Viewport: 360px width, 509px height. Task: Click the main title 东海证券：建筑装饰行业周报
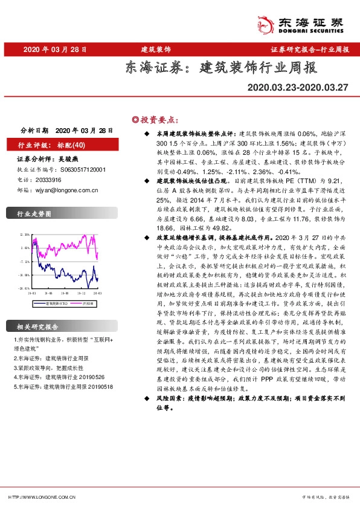pos(220,67)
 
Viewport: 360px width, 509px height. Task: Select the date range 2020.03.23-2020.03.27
pos(298,88)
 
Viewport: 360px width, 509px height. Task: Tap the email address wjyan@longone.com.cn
pos(66,190)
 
